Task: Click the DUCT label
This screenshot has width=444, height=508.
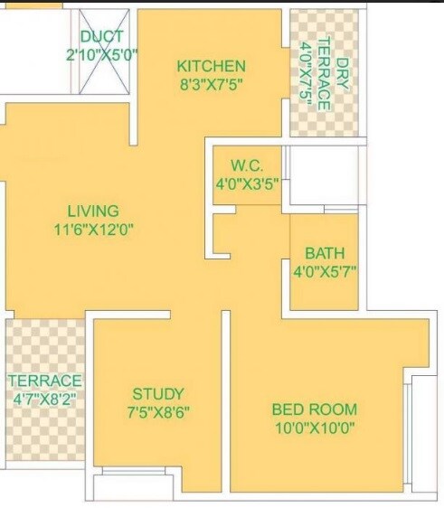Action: tap(102, 37)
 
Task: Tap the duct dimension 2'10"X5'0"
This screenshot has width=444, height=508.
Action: tap(102, 55)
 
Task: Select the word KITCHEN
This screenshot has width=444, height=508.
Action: tap(211, 66)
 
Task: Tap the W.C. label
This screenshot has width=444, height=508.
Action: tap(246, 165)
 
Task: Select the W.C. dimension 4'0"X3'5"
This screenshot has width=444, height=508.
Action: tap(246, 183)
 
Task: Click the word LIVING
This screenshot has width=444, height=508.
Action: tap(93, 211)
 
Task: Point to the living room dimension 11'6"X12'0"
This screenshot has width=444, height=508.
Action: tap(93, 229)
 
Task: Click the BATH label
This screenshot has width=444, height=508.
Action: tap(324, 253)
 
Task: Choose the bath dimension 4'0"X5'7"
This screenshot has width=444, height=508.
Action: tap(324, 271)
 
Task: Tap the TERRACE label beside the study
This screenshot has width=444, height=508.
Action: tap(44, 381)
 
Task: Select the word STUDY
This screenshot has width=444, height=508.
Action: tap(158, 393)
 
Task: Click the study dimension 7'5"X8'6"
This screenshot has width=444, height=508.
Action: tap(158, 411)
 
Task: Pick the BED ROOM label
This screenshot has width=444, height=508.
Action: tap(314, 409)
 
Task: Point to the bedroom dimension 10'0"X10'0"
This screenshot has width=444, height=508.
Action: tap(314, 427)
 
